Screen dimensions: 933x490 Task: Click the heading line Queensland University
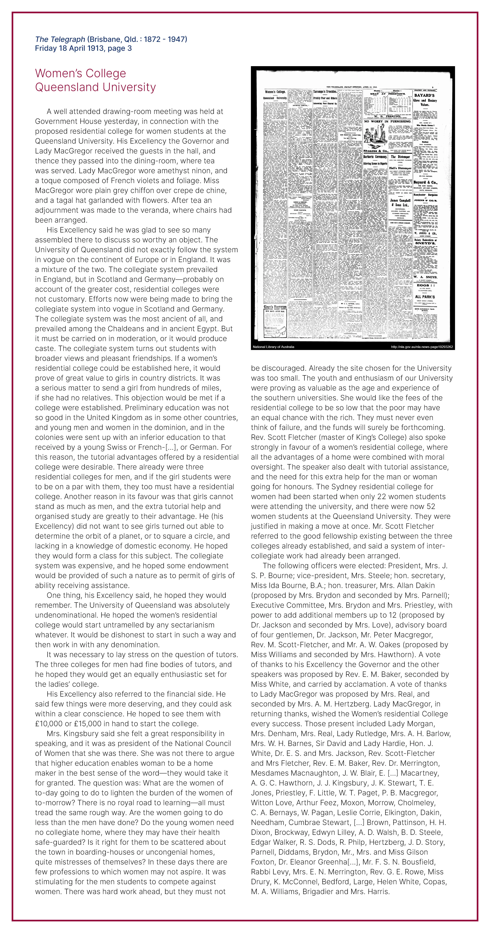95,87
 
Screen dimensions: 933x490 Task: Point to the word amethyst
188,171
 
